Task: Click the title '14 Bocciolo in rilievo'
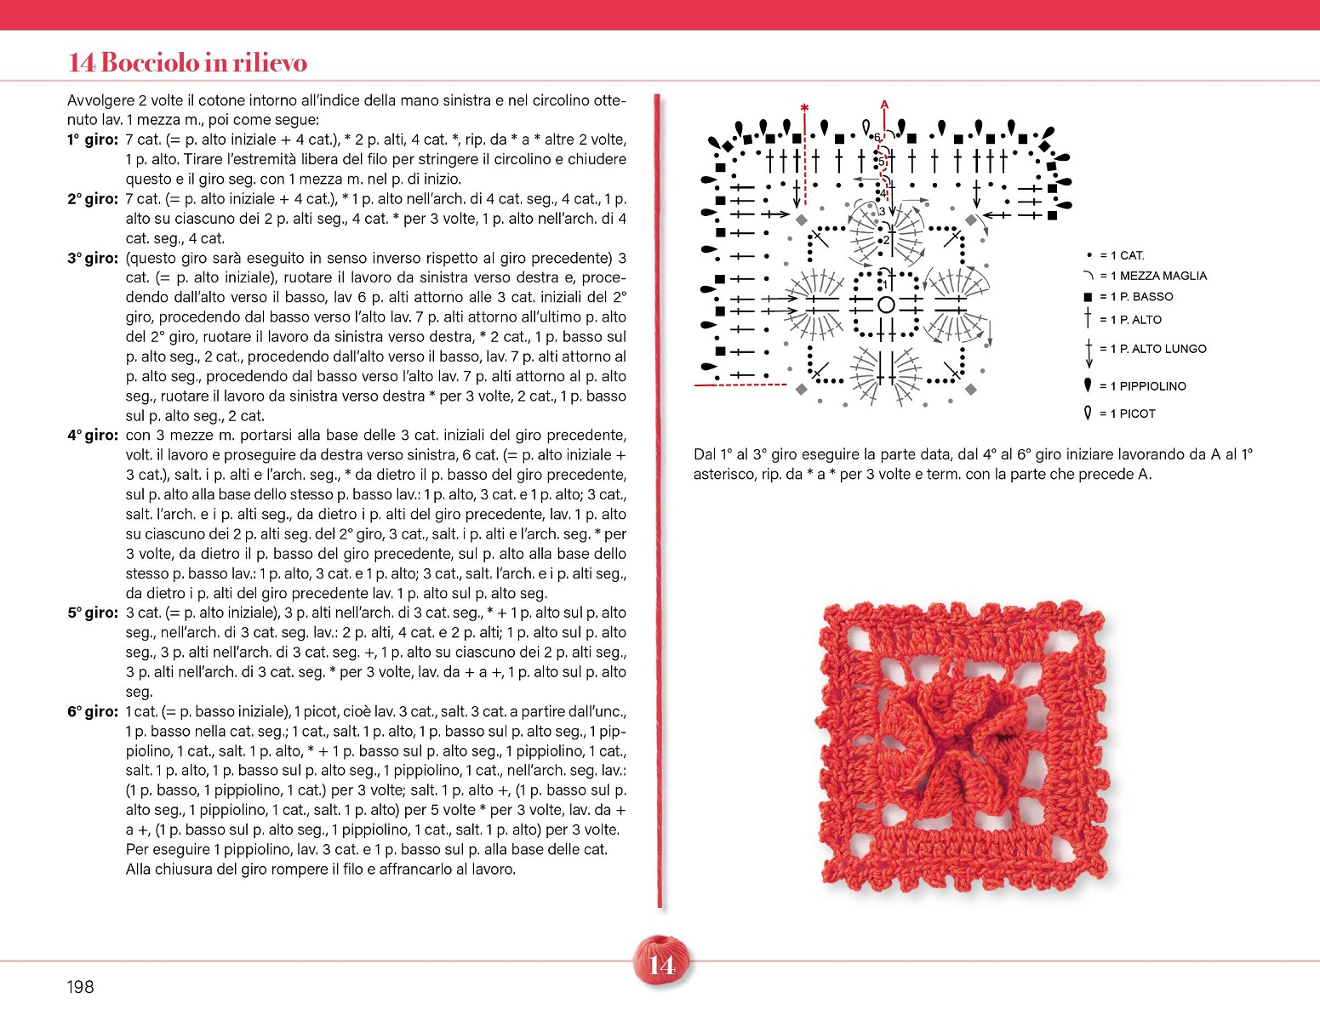(x=187, y=62)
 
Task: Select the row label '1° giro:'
(x=92, y=140)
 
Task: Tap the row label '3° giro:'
(x=92, y=258)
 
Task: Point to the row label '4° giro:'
(x=92, y=436)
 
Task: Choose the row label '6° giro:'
(x=92, y=711)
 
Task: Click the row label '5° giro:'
(x=92, y=613)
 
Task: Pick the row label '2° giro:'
(x=92, y=199)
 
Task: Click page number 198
(x=80, y=987)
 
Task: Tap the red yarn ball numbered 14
(x=661, y=960)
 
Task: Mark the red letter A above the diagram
(x=884, y=105)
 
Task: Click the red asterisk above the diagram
(x=804, y=108)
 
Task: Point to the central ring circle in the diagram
(x=886, y=304)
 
